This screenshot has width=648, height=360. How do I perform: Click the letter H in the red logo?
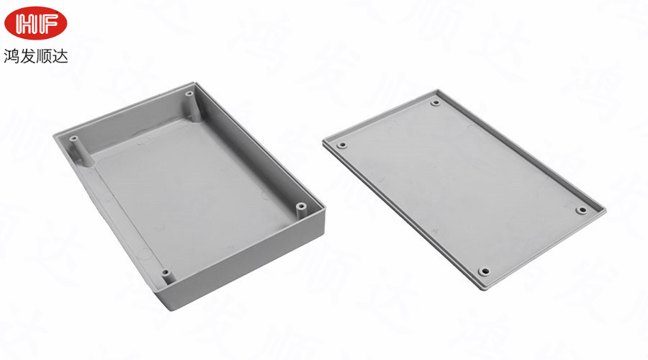coord(26,24)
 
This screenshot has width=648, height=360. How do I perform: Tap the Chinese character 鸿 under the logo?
coord(12,55)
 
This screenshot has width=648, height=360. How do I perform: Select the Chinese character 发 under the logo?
coord(27,55)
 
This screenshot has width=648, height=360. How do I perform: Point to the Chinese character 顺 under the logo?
coord(44,55)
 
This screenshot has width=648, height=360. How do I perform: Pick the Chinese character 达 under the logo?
coord(60,55)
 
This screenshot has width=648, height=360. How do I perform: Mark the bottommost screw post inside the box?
coord(166,276)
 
